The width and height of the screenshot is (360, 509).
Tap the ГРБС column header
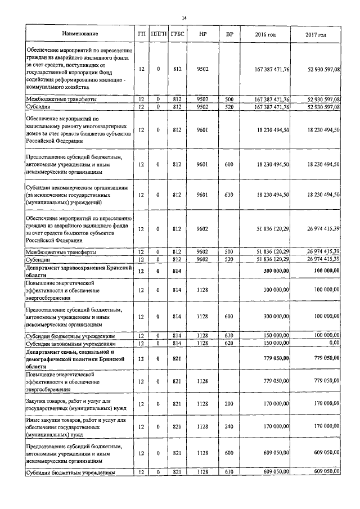point(178,35)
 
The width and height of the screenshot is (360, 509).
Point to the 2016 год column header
point(265,35)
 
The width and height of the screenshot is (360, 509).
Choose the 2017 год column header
point(316,35)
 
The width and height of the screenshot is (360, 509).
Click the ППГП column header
point(159,35)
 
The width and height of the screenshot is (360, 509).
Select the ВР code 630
point(228,195)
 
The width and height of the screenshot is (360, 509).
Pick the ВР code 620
point(228,343)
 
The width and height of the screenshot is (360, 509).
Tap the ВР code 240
point(228,427)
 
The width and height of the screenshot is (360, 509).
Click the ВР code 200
point(228,403)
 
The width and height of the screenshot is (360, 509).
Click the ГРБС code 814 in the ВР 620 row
point(178,343)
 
